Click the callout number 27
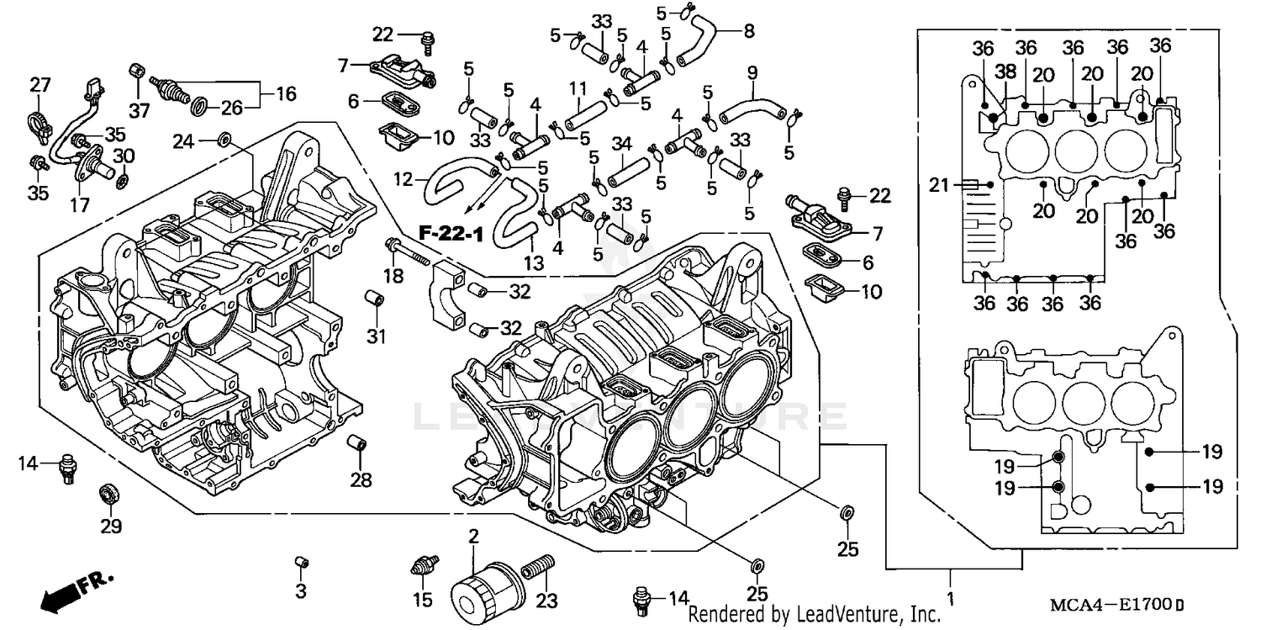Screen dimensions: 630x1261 40,85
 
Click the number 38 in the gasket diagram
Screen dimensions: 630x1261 1005,71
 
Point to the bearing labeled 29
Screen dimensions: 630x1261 108,492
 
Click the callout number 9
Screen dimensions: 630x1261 752,71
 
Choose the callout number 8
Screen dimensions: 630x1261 748,32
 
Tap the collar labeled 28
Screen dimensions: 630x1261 359,442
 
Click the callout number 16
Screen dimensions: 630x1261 286,93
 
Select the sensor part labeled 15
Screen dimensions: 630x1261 423,564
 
